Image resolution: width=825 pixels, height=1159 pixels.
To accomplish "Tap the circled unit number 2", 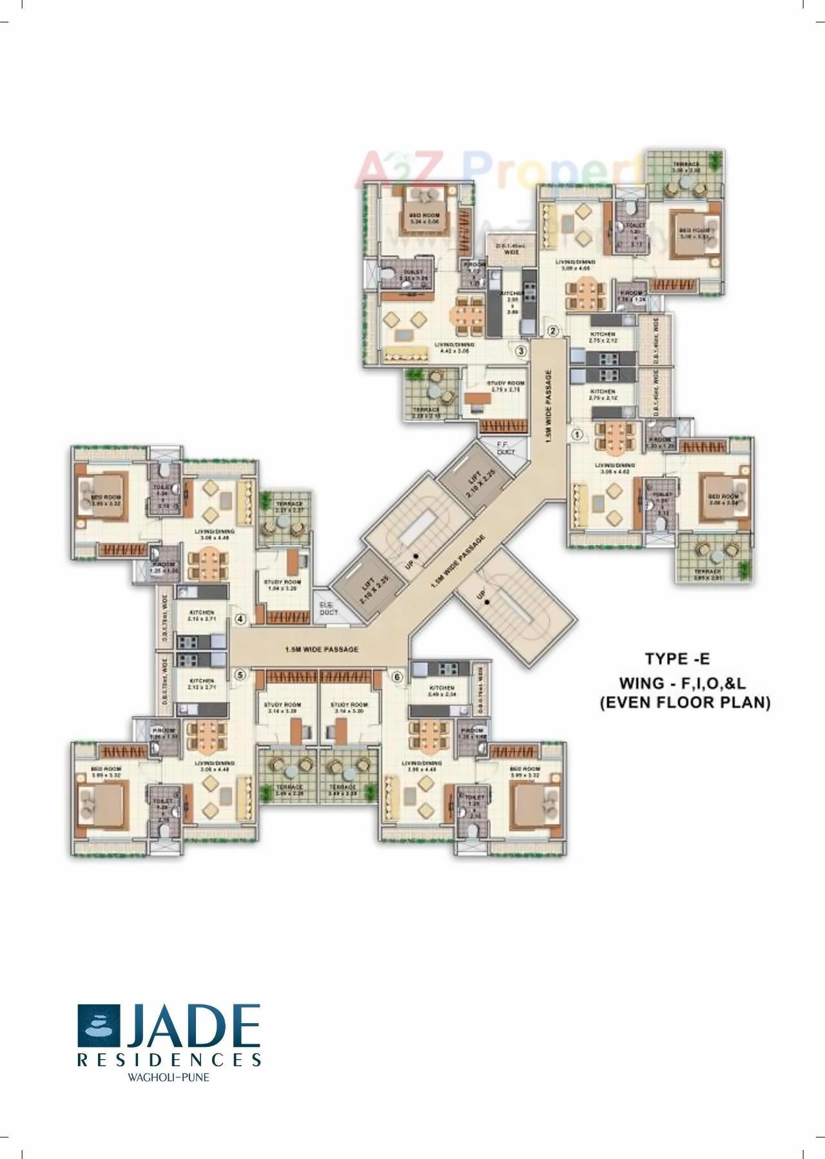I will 552,331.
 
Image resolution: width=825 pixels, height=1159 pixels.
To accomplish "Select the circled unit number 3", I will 520,351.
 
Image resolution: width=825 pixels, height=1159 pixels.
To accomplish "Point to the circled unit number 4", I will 240,619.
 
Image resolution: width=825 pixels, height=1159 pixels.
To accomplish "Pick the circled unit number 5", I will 240,675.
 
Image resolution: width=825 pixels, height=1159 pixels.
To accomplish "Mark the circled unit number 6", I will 397,677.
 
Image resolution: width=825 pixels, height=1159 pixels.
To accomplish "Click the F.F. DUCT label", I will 506,448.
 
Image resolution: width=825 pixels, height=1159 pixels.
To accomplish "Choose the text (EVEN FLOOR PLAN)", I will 685,703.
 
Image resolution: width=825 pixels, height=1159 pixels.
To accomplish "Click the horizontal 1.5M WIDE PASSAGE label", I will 321,649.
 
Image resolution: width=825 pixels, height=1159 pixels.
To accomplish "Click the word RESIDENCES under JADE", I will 170,1059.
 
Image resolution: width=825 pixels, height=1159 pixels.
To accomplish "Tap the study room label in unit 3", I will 507,386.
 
